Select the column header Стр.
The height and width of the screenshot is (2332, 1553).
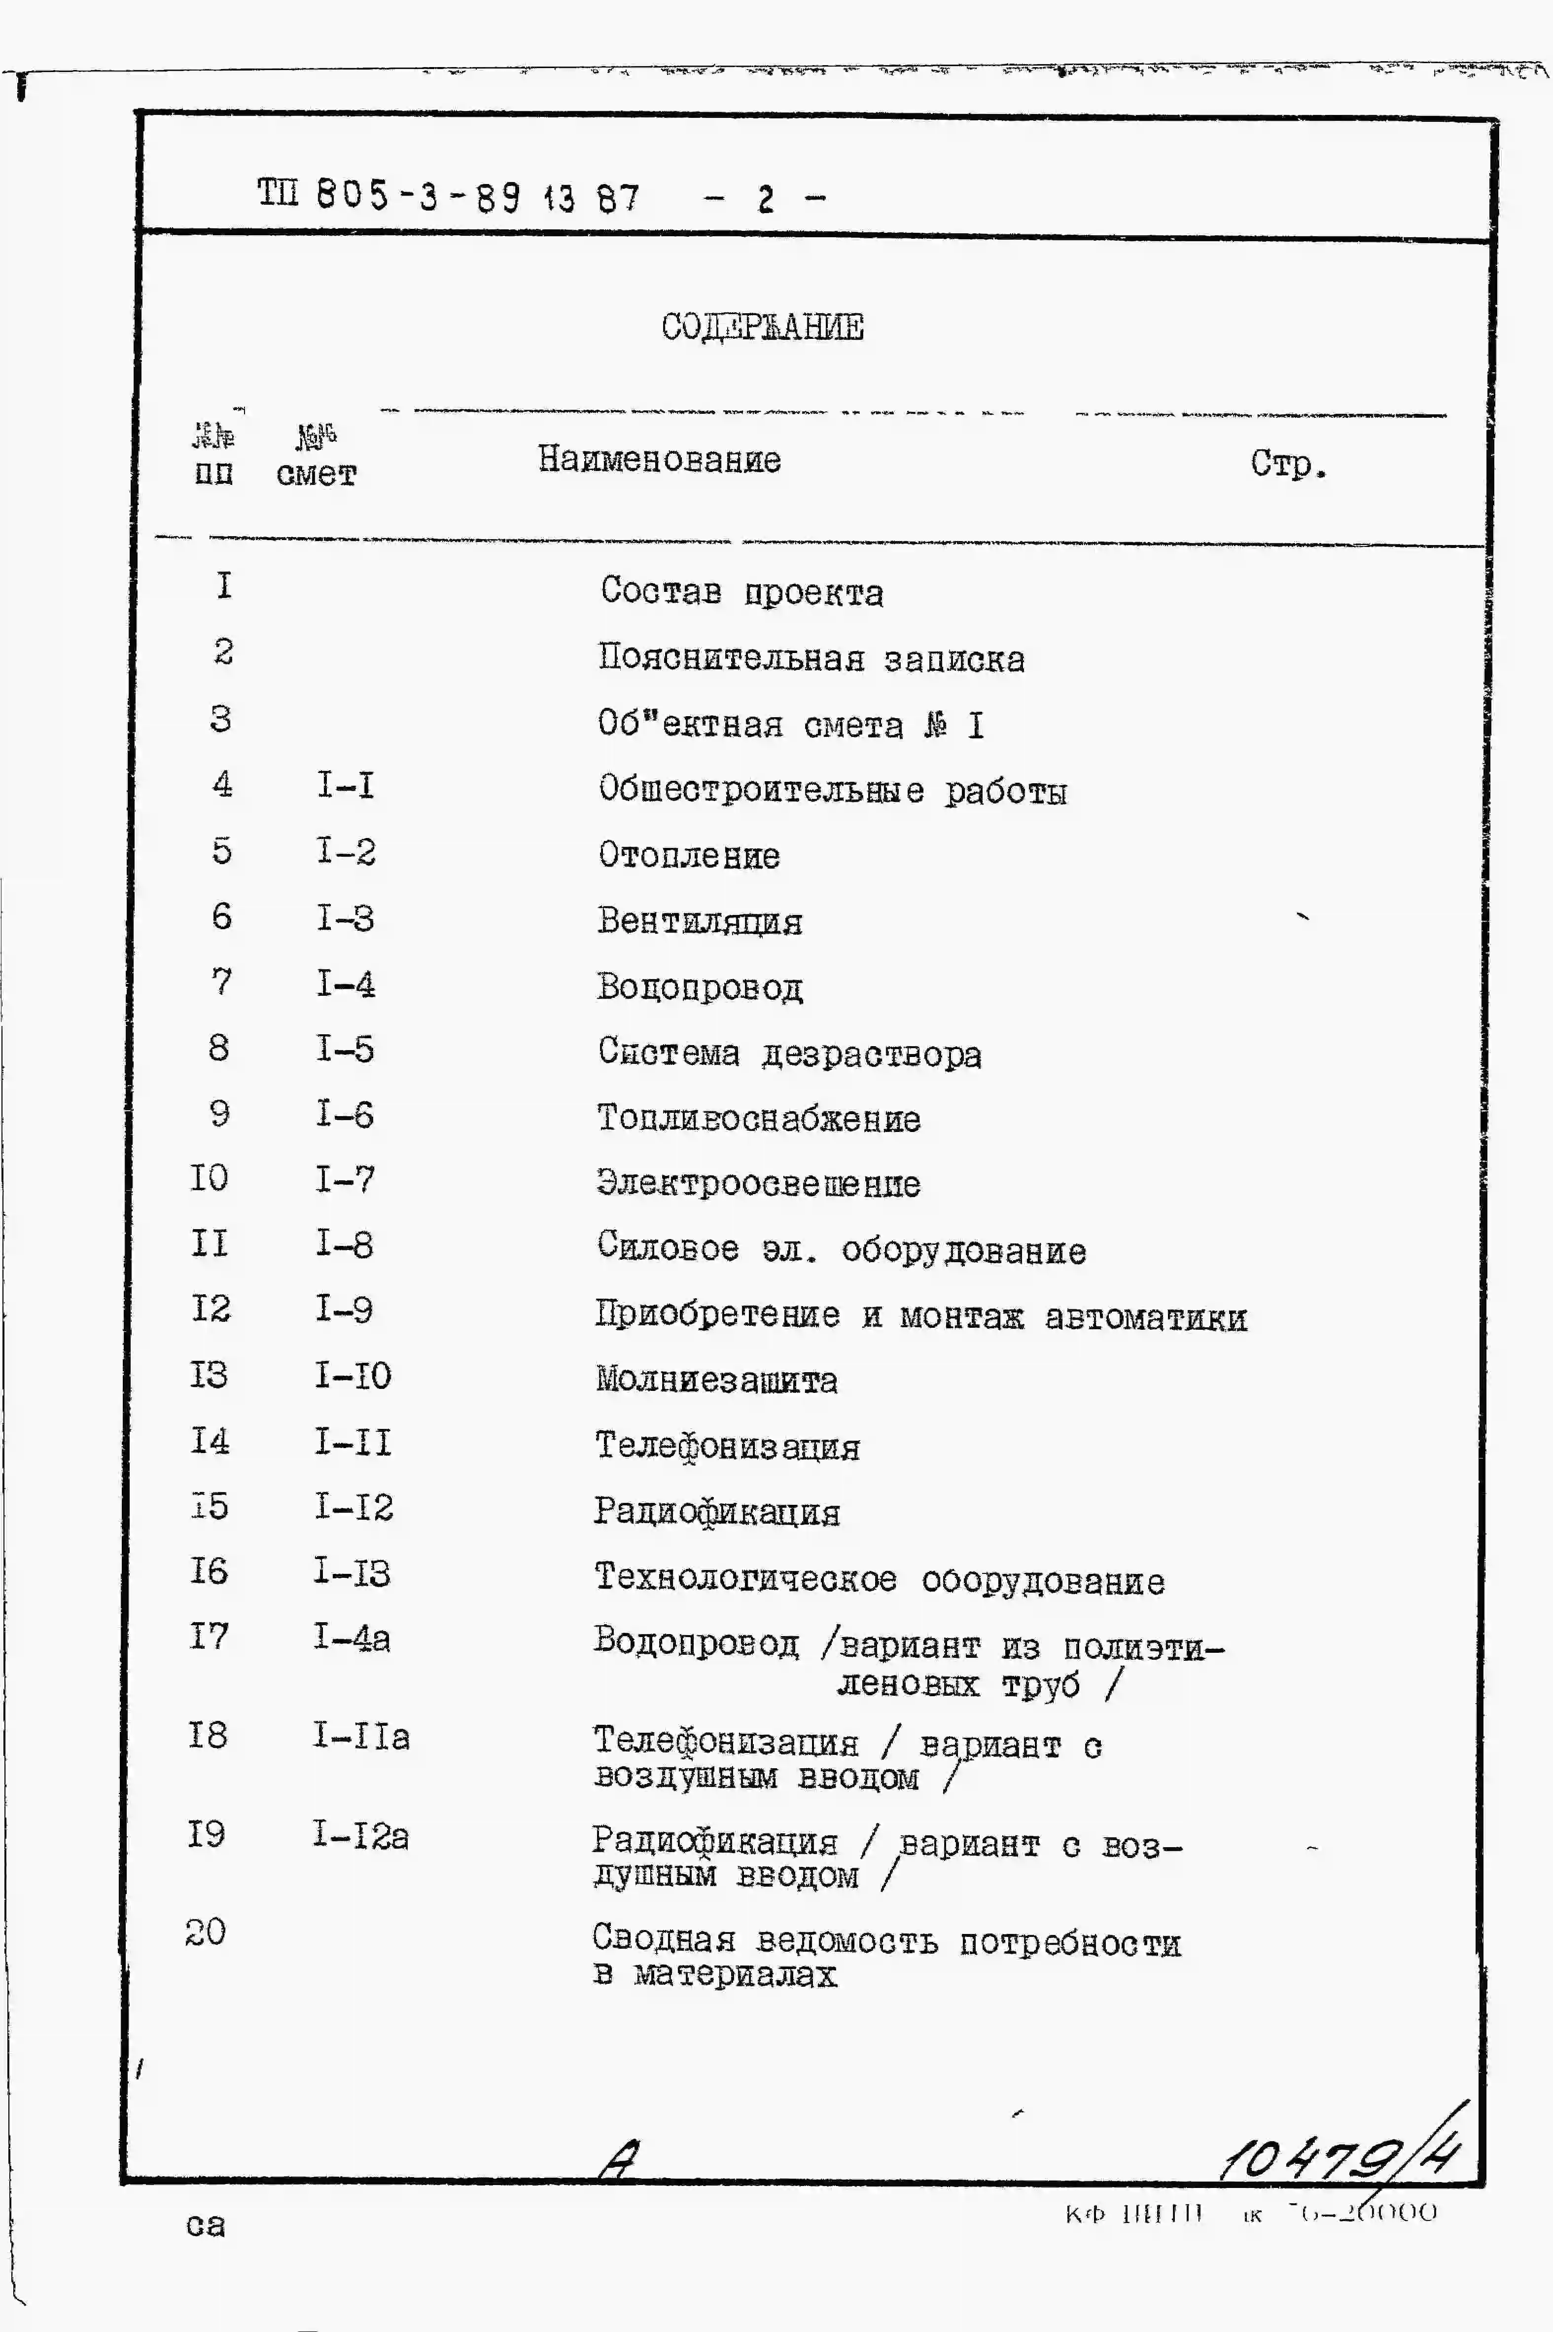tap(1288, 464)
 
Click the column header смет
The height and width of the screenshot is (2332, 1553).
tap(316, 474)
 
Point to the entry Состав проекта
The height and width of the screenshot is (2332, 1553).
tap(742, 591)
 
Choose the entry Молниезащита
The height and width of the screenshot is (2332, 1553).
tap(716, 1380)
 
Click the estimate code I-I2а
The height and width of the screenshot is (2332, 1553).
tap(360, 1836)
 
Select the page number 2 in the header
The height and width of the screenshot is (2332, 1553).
tap(765, 199)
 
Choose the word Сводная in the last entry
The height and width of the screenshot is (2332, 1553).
tap(664, 1940)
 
